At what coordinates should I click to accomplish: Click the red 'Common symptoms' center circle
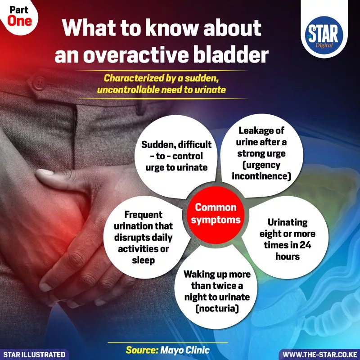[x=216, y=215]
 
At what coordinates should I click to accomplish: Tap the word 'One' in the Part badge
[x=20, y=21]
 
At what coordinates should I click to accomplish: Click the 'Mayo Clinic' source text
[x=185, y=350]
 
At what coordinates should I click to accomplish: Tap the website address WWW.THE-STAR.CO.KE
[x=319, y=355]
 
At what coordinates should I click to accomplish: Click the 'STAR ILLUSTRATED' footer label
[x=34, y=355]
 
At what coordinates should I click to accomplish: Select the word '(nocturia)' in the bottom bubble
[x=217, y=308]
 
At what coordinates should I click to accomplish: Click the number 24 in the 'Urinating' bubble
[x=306, y=245]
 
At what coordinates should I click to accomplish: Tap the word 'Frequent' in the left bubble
[x=143, y=215]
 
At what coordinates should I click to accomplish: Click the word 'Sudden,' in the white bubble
[x=158, y=145]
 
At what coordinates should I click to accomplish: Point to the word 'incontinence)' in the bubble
[x=261, y=176]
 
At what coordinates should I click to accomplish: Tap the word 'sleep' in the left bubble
[x=143, y=261]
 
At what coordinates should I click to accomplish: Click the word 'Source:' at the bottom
[x=142, y=350]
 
